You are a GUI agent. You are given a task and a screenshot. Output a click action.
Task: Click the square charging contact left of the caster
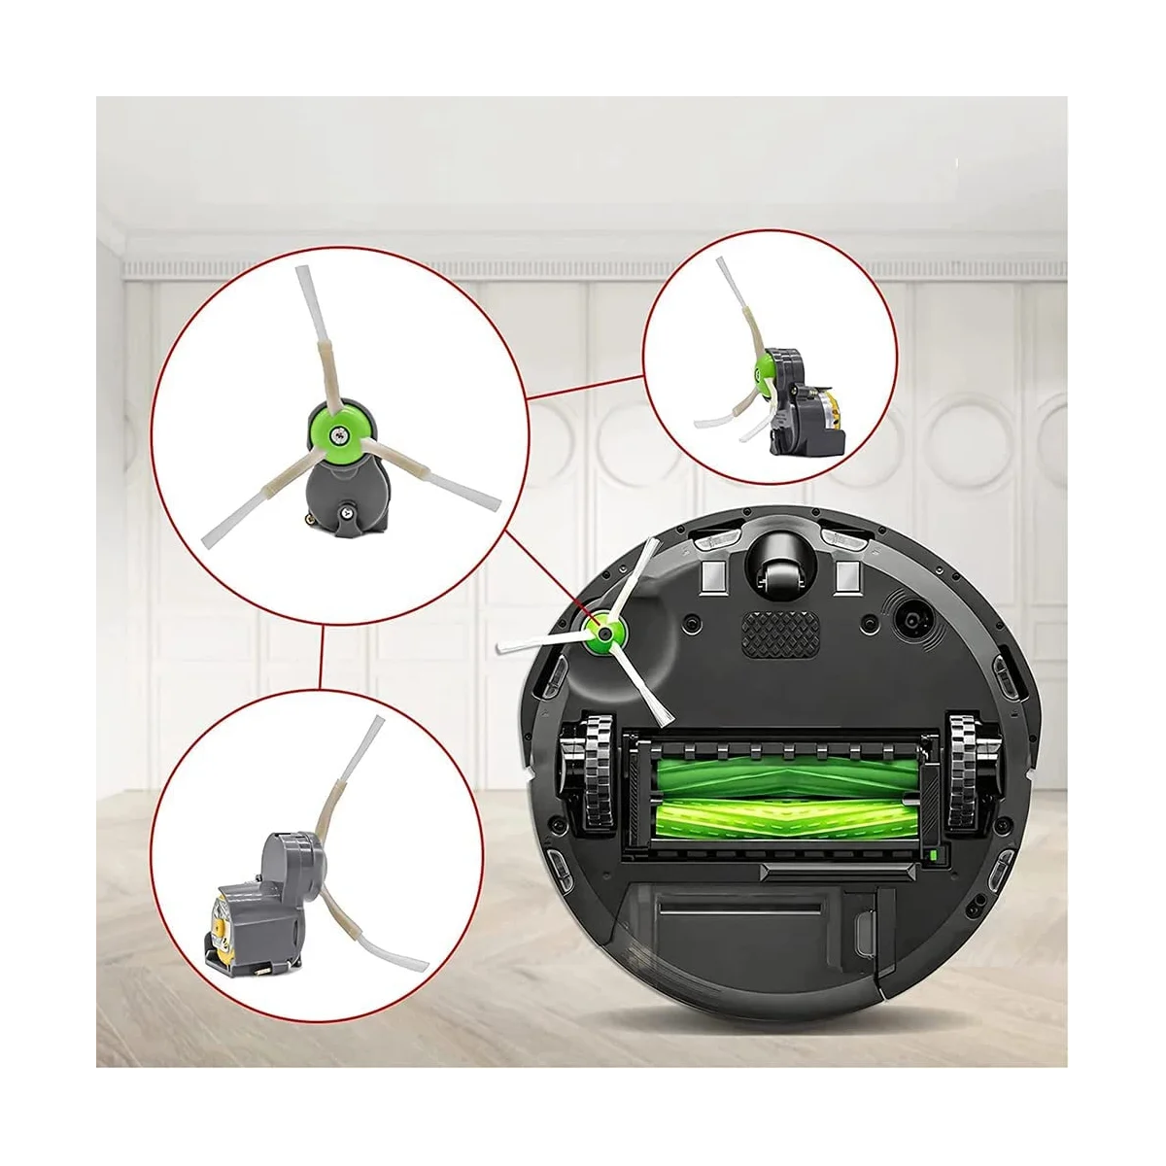pyautogui.click(x=712, y=575)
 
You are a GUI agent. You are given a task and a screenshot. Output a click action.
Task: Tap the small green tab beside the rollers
pyautogui.click(x=934, y=855)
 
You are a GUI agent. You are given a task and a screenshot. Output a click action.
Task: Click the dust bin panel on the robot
pyautogui.click(x=768, y=923)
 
